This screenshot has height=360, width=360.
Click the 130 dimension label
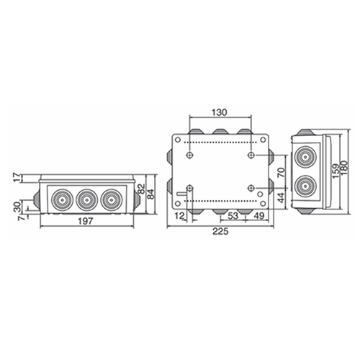220,112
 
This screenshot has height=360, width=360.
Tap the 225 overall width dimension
220,232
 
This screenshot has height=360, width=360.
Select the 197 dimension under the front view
86,221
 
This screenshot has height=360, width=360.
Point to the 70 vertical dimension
281,172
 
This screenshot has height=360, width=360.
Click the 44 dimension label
281,198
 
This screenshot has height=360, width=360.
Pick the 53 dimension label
233,216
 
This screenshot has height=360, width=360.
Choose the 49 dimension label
259,216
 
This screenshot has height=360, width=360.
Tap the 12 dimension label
180,216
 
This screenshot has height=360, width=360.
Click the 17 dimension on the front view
17,178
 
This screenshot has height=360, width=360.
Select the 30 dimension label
17,207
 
